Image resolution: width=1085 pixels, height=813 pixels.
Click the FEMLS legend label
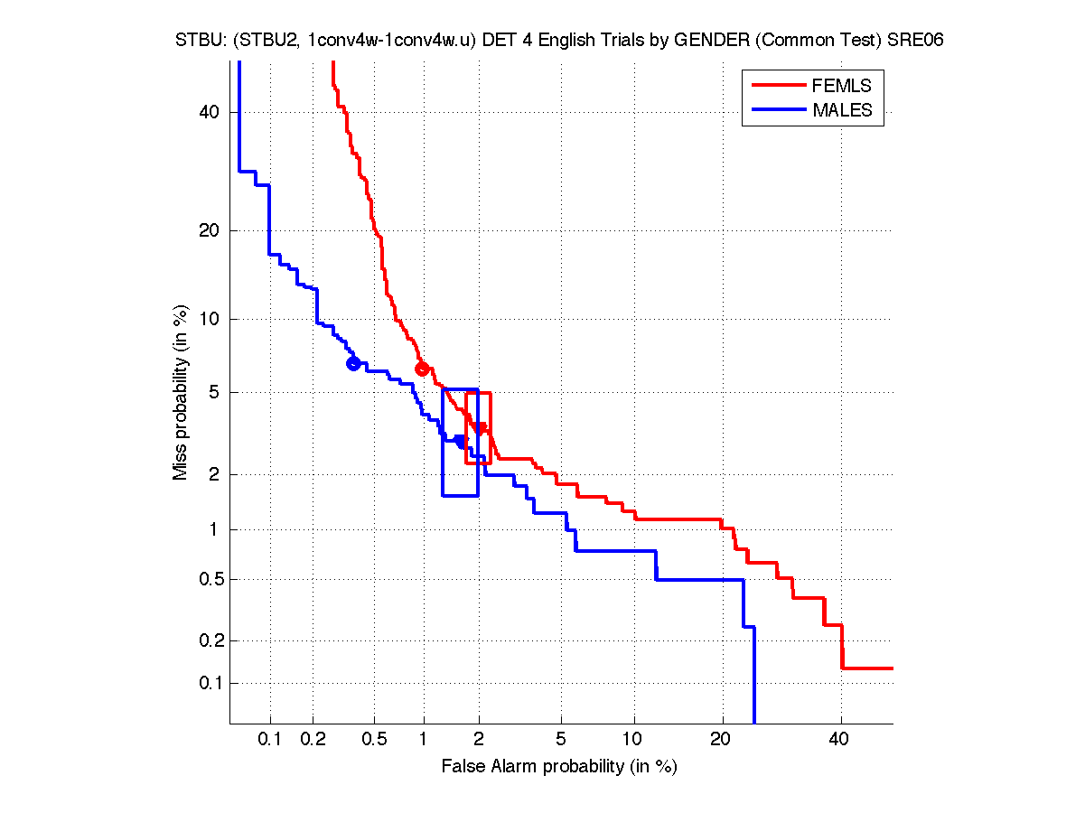click(842, 87)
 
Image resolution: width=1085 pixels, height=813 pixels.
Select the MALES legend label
click(842, 110)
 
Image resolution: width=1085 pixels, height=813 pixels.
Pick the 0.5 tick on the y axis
click(207, 579)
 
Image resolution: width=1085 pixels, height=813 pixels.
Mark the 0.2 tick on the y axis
click(207, 640)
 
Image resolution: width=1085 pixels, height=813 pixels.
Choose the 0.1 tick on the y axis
click(207, 683)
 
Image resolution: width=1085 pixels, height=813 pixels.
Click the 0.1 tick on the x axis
click(270, 739)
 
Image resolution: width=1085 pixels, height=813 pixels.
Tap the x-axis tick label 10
click(635, 739)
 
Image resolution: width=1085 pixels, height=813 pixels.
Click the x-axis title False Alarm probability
click(559, 767)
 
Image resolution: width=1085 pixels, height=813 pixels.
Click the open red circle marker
click(422, 369)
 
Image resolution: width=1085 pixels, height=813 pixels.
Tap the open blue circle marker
click(353, 363)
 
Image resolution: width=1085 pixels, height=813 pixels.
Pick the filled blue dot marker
click(461, 441)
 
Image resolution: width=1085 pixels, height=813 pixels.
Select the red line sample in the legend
click(779, 87)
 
